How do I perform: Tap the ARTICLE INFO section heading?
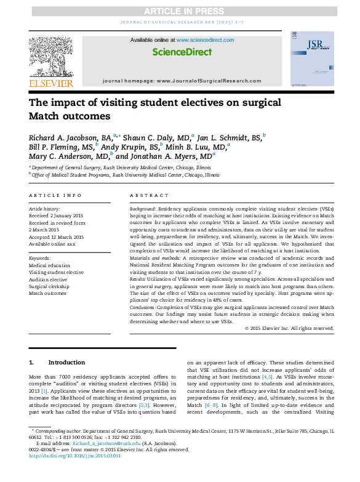55,195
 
